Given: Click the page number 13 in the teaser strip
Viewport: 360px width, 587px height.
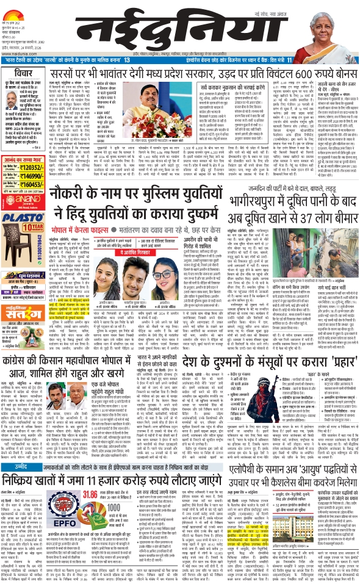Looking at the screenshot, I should [127, 61].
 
